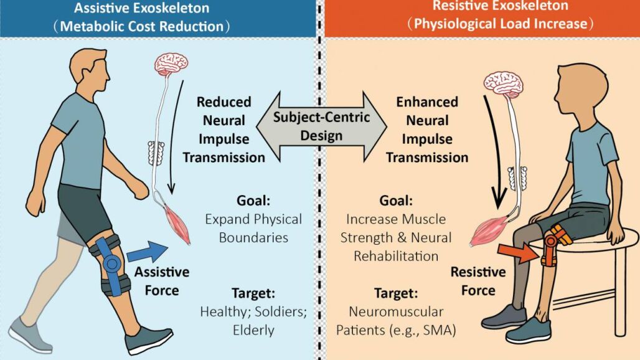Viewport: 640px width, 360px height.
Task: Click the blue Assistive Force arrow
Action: pyautogui.click(x=148, y=251)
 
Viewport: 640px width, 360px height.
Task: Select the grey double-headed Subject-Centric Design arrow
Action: pyautogui.click(x=321, y=126)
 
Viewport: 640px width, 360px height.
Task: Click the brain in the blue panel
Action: pyautogui.click(x=171, y=64)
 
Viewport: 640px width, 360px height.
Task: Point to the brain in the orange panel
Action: pyautogui.click(x=504, y=83)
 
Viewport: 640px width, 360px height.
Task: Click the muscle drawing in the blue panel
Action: pyautogui.click(x=177, y=224)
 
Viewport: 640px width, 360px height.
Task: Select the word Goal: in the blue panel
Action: pyautogui.click(x=253, y=201)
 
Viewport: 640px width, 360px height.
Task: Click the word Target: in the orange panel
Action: pyautogui.click(x=396, y=293)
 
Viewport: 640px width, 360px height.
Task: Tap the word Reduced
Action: pyautogui.click(x=224, y=102)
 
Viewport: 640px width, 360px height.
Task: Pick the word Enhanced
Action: pyautogui.click(x=427, y=102)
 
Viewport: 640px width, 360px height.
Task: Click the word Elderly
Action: pyautogui.click(x=253, y=330)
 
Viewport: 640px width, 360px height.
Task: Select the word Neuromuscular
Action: pyautogui.click(x=396, y=312)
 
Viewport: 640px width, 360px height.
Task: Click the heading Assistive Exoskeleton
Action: pyautogui.click(x=141, y=7)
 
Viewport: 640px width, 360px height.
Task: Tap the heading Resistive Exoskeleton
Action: pyautogui.click(x=500, y=6)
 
